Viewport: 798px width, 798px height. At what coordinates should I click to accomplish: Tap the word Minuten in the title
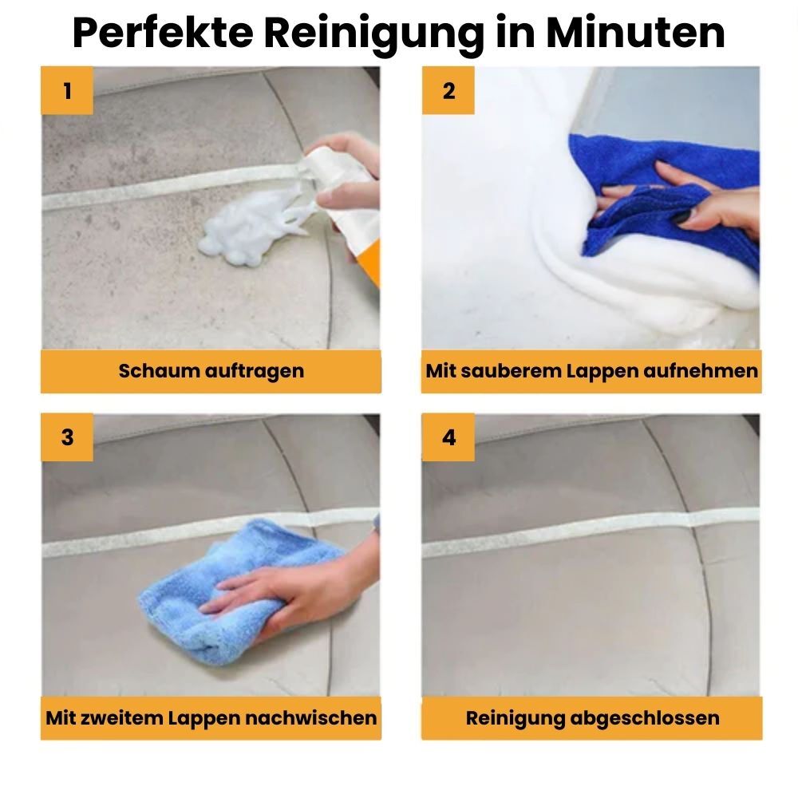pos(635,34)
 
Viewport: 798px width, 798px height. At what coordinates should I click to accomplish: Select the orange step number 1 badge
pos(67,91)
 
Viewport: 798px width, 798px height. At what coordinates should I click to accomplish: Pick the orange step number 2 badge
pos(448,91)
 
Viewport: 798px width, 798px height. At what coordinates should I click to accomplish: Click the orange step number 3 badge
pos(67,437)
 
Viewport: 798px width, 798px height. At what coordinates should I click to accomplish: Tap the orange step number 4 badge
pos(448,437)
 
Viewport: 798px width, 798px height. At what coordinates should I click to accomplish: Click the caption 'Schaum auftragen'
pos(211,371)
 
